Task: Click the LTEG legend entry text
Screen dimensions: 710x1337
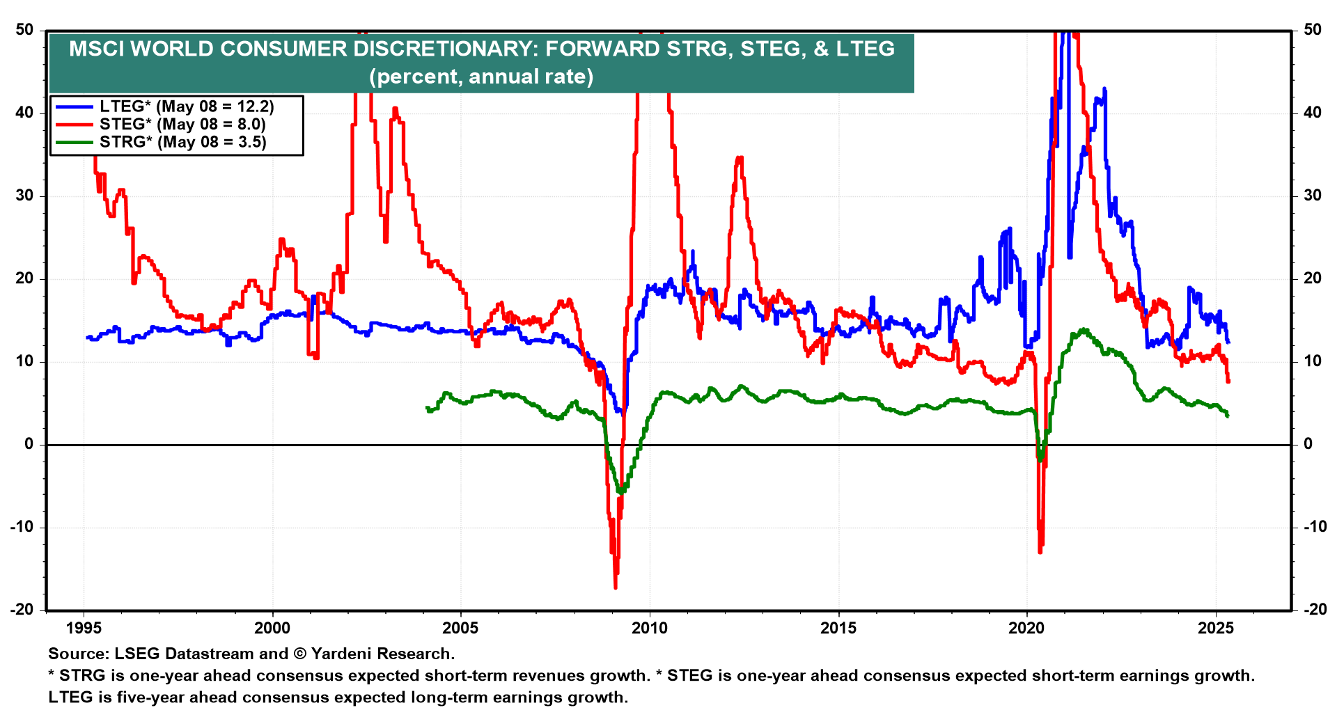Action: pyautogui.click(x=187, y=106)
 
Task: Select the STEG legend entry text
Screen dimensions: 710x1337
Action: pyautogui.click(x=182, y=125)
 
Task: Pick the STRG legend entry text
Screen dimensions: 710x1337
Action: pyautogui.click(x=182, y=142)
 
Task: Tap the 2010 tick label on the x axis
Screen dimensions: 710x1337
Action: pyautogui.click(x=649, y=629)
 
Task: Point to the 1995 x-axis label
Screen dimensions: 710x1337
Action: pyautogui.click(x=84, y=629)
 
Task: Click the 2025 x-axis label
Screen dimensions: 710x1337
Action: pyautogui.click(x=1215, y=629)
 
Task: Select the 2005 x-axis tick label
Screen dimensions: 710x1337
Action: pyautogui.click(x=460, y=629)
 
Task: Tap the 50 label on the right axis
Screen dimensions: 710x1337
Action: pyautogui.click(x=1313, y=30)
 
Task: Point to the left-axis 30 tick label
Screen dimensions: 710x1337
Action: pyautogui.click(x=24, y=196)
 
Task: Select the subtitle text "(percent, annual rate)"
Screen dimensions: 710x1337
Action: pyautogui.click(x=481, y=77)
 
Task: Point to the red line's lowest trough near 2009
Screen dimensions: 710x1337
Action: pyautogui.click(x=616, y=587)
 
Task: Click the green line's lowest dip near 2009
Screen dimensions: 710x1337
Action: pyautogui.click(x=620, y=492)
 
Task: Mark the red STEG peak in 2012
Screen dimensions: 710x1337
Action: pyautogui.click(x=740, y=158)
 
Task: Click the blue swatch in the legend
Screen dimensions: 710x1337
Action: pyautogui.click(x=75, y=106)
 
